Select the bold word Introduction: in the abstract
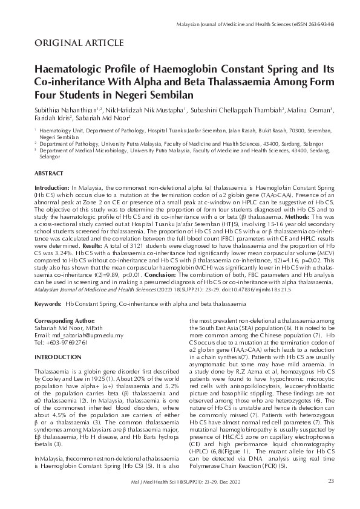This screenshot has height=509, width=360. [52, 189]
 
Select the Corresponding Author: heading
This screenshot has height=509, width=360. [65, 320]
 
